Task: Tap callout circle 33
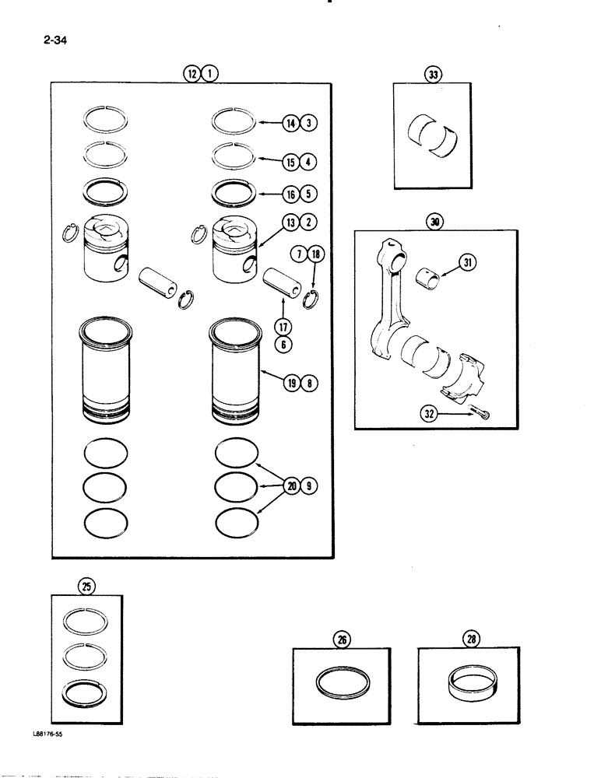432,75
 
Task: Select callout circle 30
434,222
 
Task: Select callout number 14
290,123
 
